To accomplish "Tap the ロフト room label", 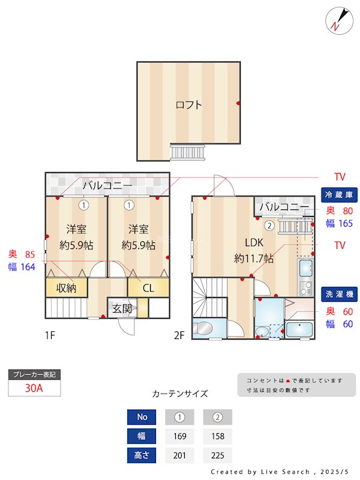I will pyautogui.click(x=188, y=105).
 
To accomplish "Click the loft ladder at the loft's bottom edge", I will pyautogui.click(x=188, y=152).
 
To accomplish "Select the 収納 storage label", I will pyautogui.click(x=67, y=288).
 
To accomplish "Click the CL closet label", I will pyautogui.click(x=148, y=288).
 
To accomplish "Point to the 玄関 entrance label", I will pyautogui.click(x=122, y=309).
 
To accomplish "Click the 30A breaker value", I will pyautogui.click(x=34, y=388).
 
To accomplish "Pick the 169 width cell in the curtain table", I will pyautogui.click(x=179, y=436).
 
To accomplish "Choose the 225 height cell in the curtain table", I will pyautogui.click(x=217, y=455).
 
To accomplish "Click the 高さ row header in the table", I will pyautogui.click(x=142, y=455).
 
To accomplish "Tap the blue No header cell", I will pyautogui.click(x=142, y=417).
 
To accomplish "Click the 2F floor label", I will pyautogui.click(x=178, y=335).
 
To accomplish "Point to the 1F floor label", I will pyautogui.click(x=49, y=335).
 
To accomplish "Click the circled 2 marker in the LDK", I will pyautogui.click(x=269, y=226).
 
